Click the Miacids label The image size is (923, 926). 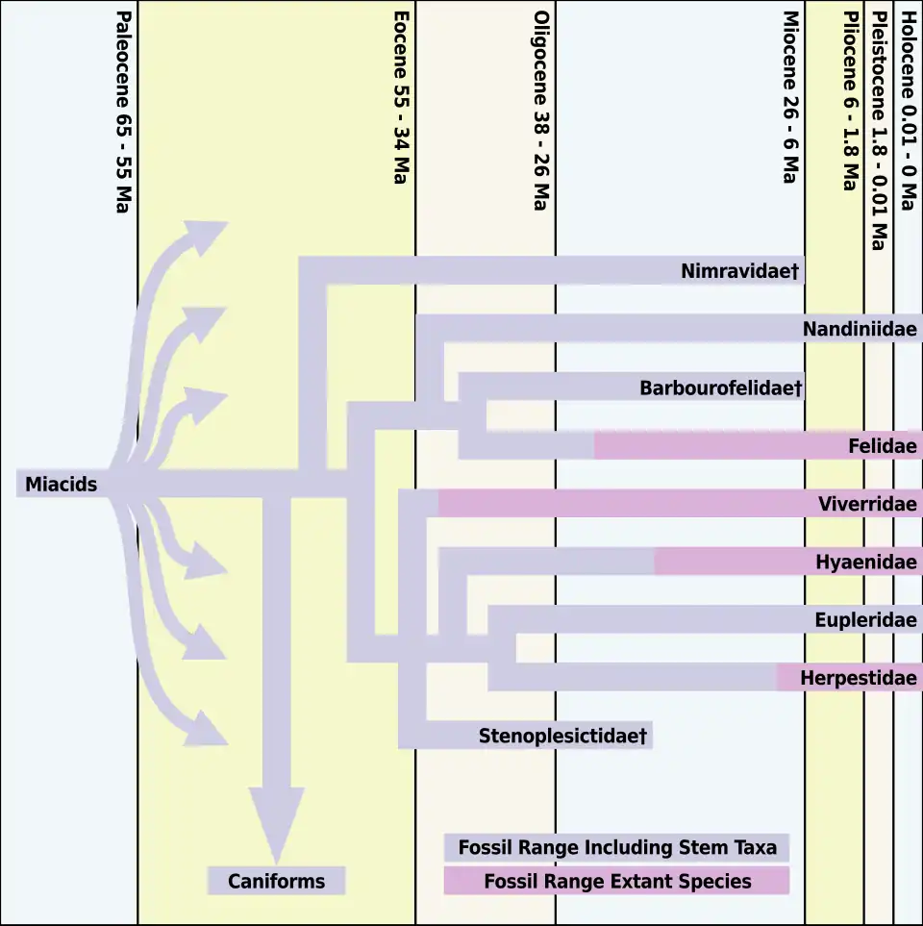61,485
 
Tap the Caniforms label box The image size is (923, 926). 276,881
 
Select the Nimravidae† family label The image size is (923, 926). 740,272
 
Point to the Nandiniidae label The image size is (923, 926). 860,330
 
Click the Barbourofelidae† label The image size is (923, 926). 720,388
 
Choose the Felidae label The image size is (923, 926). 882,446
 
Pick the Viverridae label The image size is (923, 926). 867,504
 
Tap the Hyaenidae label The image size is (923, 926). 865,562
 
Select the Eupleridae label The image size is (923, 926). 865,620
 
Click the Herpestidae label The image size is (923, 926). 858,678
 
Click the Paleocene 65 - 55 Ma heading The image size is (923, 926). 122,112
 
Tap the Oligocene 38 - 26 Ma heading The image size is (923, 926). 541,112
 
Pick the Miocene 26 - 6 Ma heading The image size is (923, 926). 790,97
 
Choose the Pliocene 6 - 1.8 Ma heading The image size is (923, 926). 849,101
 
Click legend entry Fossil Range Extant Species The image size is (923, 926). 616,881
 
